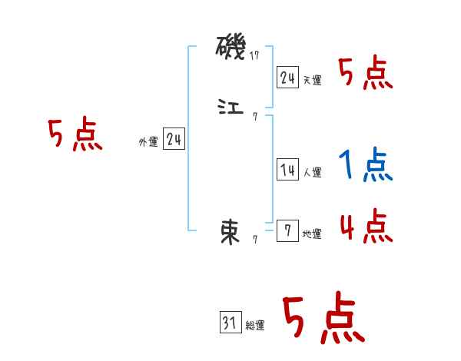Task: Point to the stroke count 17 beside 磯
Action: point(256,55)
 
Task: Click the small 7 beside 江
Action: point(254,117)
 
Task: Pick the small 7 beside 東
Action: point(254,240)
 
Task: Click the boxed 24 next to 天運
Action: point(287,78)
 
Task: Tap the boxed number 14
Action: point(287,171)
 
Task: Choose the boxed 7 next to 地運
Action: point(287,230)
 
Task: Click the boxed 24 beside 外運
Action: point(174,139)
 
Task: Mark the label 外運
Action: point(148,142)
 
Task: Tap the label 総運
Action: point(255,326)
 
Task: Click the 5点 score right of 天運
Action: point(365,74)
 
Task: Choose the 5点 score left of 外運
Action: point(75,135)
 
